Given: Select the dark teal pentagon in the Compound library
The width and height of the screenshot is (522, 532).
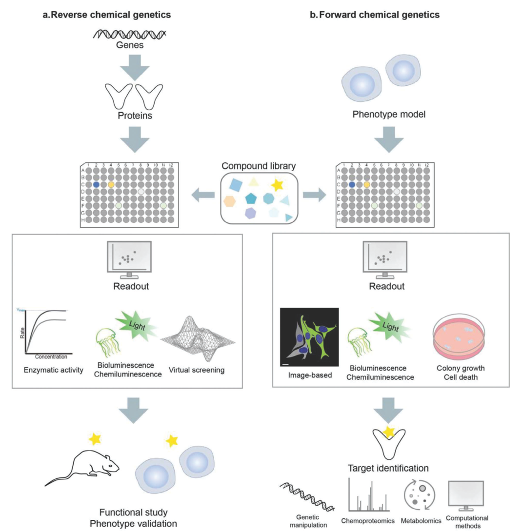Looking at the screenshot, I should pyautogui.click(x=251, y=198).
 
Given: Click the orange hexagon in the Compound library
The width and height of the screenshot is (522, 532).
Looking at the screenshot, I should pyautogui.click(x=230, y=200).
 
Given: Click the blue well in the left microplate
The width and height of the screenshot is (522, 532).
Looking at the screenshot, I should pyautogui.click(x=96, y=185).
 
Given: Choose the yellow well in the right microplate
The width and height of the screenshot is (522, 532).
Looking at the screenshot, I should pyautogui.click(x=366, y=185).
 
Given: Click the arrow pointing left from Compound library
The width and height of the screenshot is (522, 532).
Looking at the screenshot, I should pyautogui.click(x=203, y=197).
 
